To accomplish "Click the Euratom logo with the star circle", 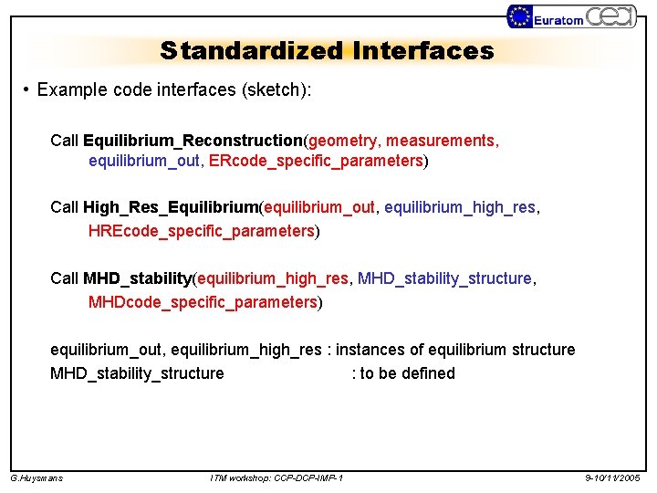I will (546, 17).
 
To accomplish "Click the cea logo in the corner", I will (610, 16).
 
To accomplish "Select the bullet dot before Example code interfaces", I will (28, 90).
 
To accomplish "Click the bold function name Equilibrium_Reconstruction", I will (192, 141).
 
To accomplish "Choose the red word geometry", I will (343, 141).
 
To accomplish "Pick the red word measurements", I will (442, 141).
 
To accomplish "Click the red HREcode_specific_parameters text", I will (202, 231).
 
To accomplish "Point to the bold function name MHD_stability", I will (137, 278).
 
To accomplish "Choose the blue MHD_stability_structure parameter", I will (444, 278).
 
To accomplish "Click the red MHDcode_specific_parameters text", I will (203, 301).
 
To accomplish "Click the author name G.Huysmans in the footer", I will (36, 478).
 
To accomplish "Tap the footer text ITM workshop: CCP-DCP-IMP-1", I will (276, 478).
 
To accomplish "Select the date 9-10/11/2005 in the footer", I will (613, 478).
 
